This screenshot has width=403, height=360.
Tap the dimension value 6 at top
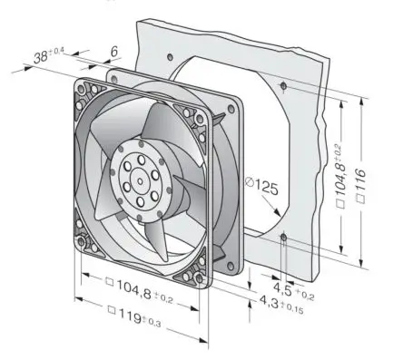click(113, 52)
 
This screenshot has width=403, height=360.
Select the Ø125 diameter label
click(261, 186)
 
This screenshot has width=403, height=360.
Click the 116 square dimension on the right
click(361, 186)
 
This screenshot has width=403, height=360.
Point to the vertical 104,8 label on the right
click(340, 177)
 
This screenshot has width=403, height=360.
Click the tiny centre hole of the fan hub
click(140, 181)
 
